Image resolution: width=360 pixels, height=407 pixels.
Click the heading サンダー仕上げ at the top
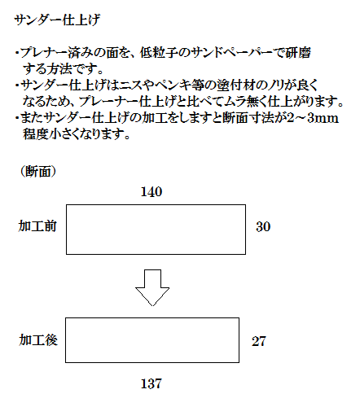click(57, 20)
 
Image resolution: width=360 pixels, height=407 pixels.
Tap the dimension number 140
click(151, 192)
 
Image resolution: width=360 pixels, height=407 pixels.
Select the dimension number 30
click(263, 227)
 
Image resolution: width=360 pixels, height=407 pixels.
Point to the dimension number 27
click(259, 341)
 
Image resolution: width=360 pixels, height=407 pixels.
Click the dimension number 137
click(151, 383)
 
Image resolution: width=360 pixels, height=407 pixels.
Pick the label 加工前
click(37, 226)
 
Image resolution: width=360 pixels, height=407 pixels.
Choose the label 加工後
click(38, 340)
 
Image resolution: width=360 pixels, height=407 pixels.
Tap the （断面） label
click(38, 172)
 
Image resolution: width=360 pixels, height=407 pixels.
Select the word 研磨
click(298, 53)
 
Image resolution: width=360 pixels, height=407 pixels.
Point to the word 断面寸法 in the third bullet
click(248, 118)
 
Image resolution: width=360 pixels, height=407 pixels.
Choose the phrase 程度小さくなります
click(76, 134)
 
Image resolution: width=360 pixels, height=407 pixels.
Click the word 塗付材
click(235, 85)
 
